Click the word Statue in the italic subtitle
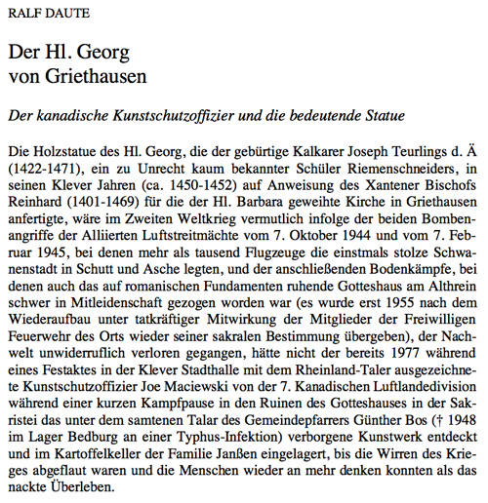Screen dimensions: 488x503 pyautogui.click(x=382, y=115)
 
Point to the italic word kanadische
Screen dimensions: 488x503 pyautogui.click(x=72, y=115)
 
